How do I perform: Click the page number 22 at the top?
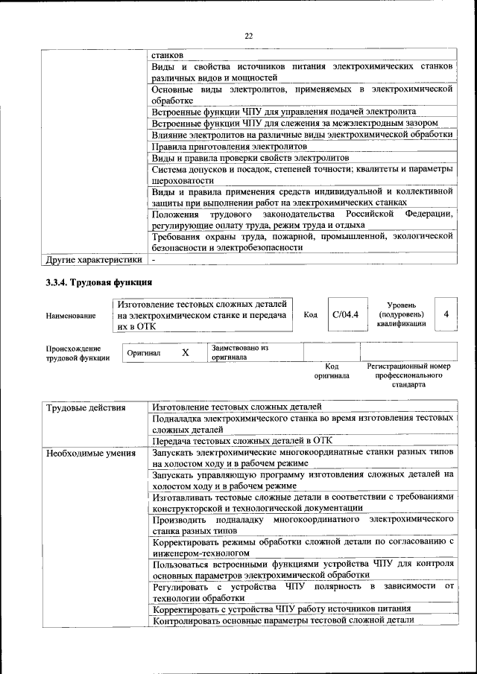click(249, 35)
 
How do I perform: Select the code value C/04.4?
click(345, 314)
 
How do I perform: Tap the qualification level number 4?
click(446, 314)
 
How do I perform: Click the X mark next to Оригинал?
click(185, 352)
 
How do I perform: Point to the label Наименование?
click(71, 316)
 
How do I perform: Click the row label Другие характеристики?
click(93, 261)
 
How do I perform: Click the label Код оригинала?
click(332, 371)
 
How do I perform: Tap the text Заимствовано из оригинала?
click(240, 352)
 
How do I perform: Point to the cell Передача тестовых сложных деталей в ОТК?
click(241, 440)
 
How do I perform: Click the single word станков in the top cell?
click(168, 54)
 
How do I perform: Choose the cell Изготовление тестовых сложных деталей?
click(236, 407)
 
